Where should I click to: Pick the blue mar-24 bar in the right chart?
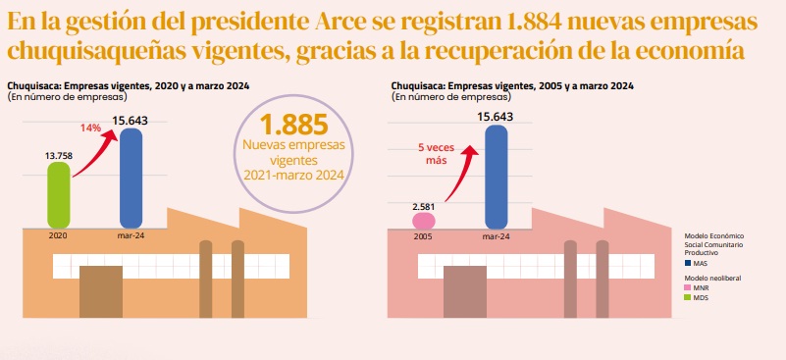[x=497, y=179]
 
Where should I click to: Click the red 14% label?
[x=90, y=129]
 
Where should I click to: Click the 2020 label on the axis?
[x=59, y=236]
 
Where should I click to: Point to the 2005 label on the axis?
[x=424, y=236]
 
